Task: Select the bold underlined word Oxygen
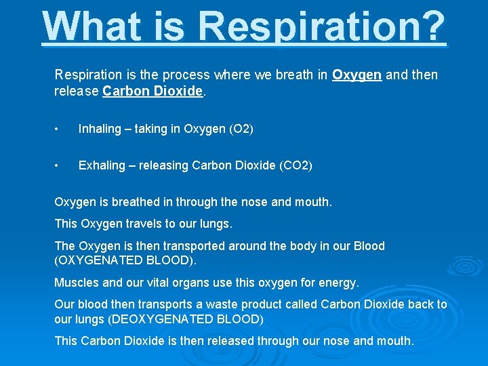pyautogui.click(x=357, y=75)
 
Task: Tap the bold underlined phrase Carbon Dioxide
pyautogui.click(x=153, y=91)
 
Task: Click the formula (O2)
pyautogui.click(x=241, y=129)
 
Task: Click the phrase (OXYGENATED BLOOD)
pyautogui.click(x=125, y=260)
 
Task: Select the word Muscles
pyautogui.click(x=77, y=281)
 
